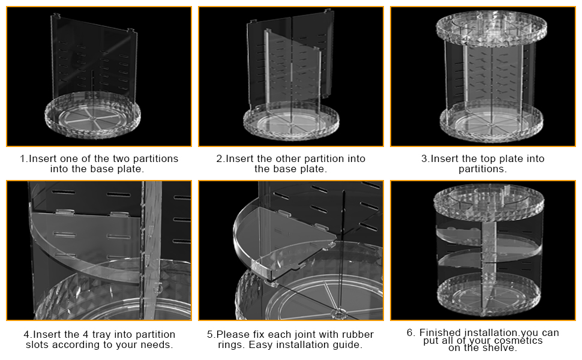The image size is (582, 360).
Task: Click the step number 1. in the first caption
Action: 24,159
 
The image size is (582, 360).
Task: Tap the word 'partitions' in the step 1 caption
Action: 155,159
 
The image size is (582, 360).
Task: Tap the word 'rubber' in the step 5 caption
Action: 358,335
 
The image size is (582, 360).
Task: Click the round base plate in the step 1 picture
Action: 93,115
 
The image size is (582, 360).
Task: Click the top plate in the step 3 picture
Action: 491,28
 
